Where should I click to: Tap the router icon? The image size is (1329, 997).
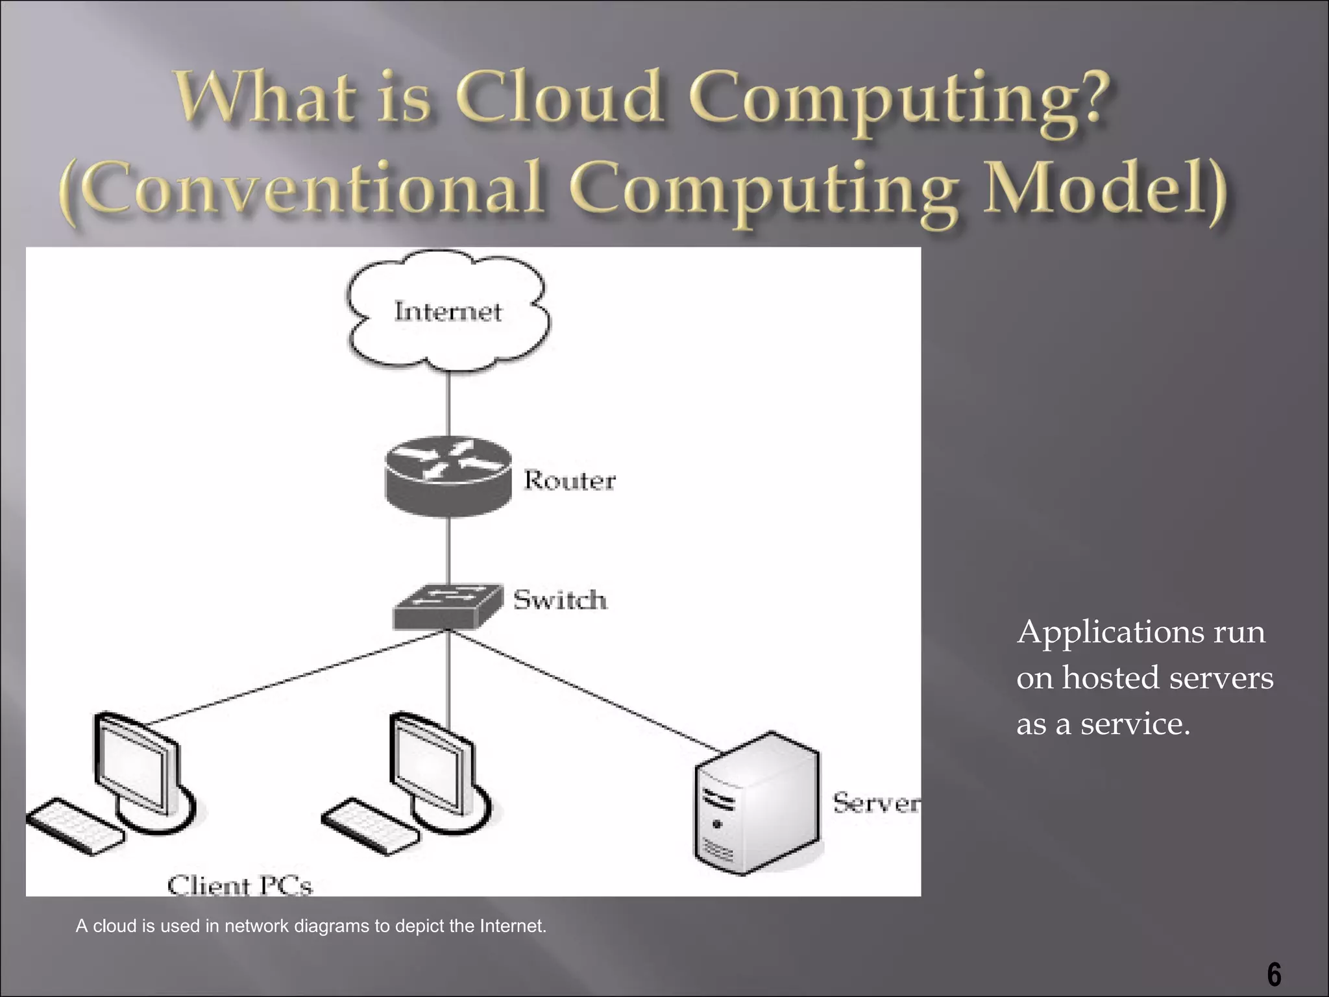point(448,477)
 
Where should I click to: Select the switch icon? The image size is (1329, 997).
point(448,607)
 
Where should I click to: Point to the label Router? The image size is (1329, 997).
point(569,481)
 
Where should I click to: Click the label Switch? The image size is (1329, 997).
point(560,600)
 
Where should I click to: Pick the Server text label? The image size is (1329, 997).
point(876,804)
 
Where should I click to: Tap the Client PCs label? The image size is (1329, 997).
point(239,885)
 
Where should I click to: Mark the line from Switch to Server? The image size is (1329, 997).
point(584,691)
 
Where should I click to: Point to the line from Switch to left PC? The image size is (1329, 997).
point(292,678)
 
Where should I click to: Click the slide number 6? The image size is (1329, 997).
point(1274,976)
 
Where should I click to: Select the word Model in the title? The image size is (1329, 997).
point(1103,188)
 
